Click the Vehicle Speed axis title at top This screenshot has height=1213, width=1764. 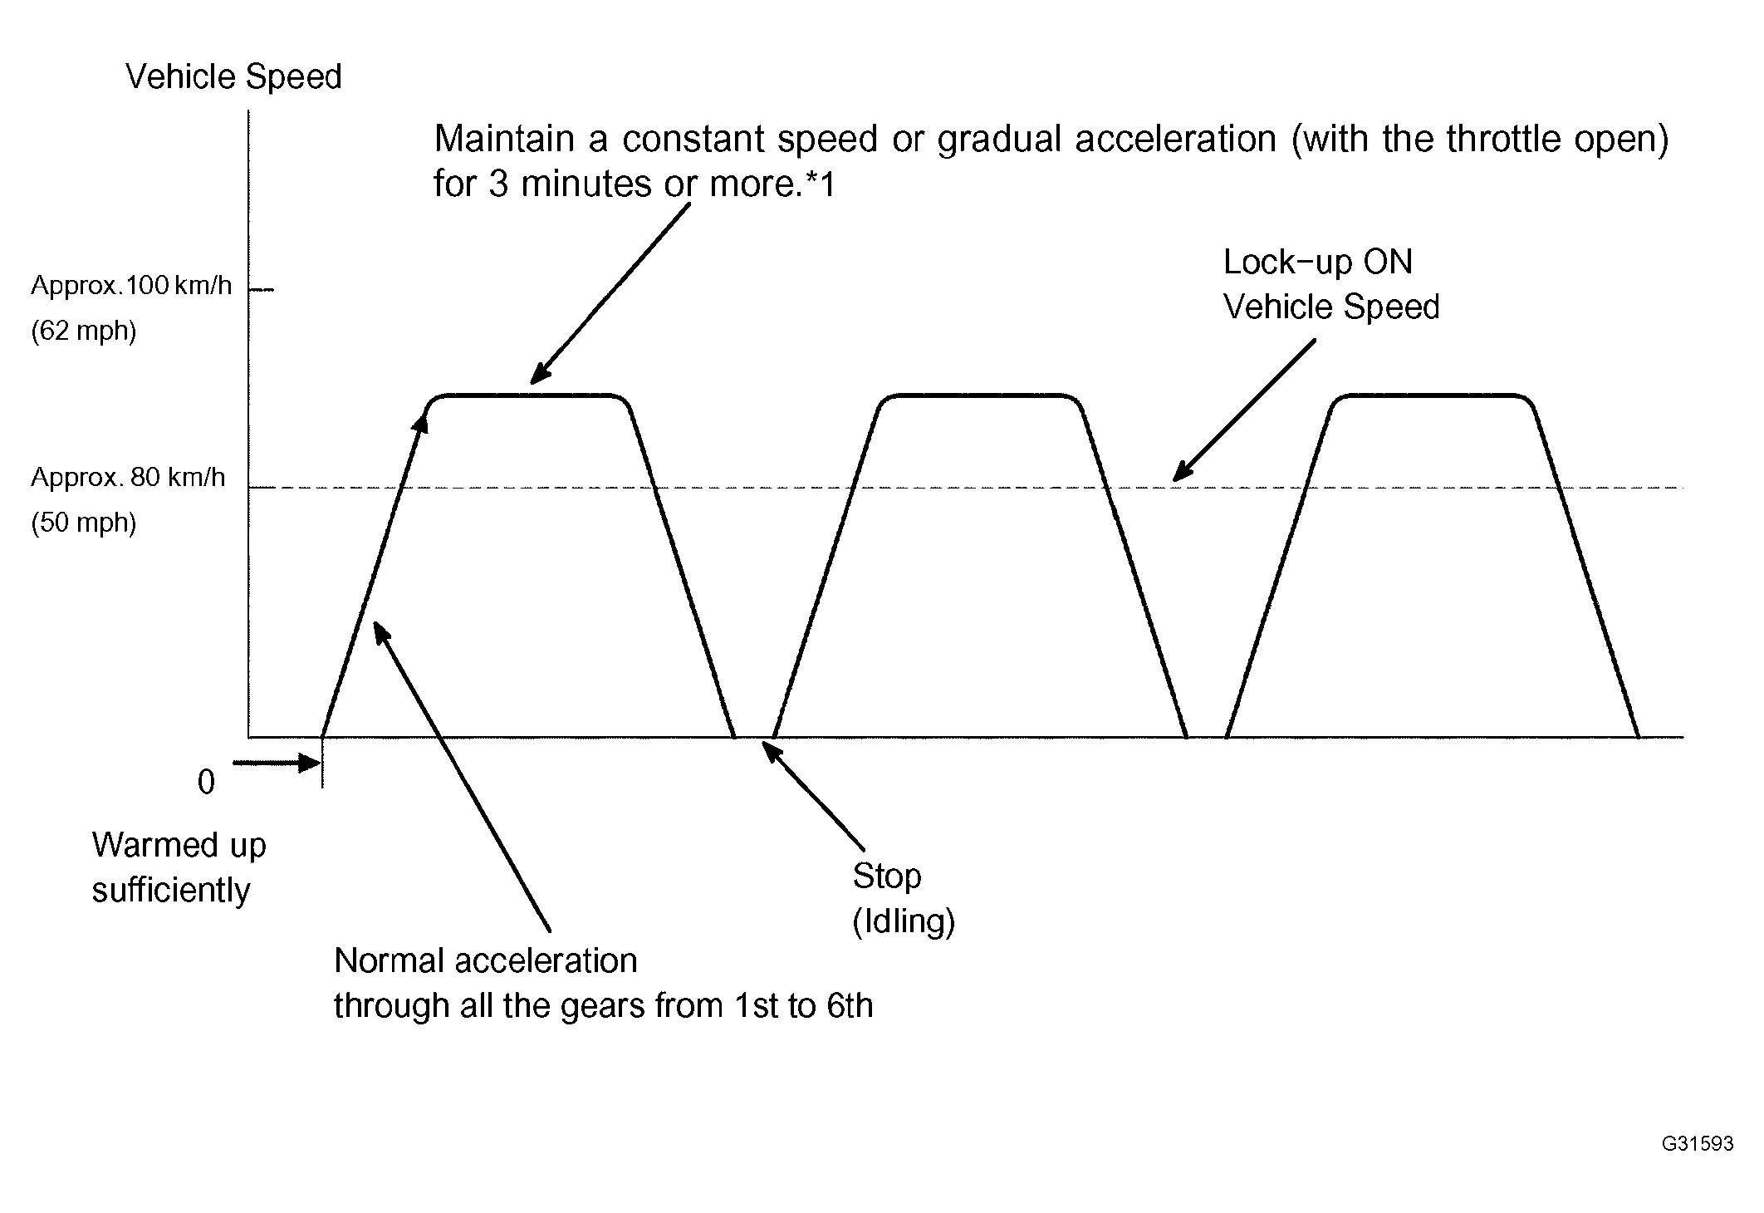(x=233, y=76)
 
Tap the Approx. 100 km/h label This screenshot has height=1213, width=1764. (x=131, y=286)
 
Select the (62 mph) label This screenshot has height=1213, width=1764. (x=84, y=331)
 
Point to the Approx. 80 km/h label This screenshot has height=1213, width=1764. (x=128, y=478)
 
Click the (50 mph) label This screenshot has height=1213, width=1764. (x=84, y=523)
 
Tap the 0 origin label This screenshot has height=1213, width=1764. (x=206, y=783)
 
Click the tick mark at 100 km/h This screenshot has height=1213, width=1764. (x=262, y=290)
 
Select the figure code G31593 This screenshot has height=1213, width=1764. (x=1698, y=1144)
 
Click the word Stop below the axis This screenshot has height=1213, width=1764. (x=887, y=876)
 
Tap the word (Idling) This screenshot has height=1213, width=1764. (x=904, y=921)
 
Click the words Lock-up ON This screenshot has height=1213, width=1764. (x=1318, y=263)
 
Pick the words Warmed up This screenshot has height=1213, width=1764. (x=179, y=846)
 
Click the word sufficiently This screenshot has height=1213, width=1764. (x=170, y=891)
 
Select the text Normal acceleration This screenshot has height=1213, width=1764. (x=485, y=960)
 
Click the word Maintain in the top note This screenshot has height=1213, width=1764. (x=504, y=139)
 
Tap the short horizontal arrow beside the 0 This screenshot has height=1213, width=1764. (x=277, y=763)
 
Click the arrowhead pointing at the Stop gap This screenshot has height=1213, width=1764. (x=771, y=751)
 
